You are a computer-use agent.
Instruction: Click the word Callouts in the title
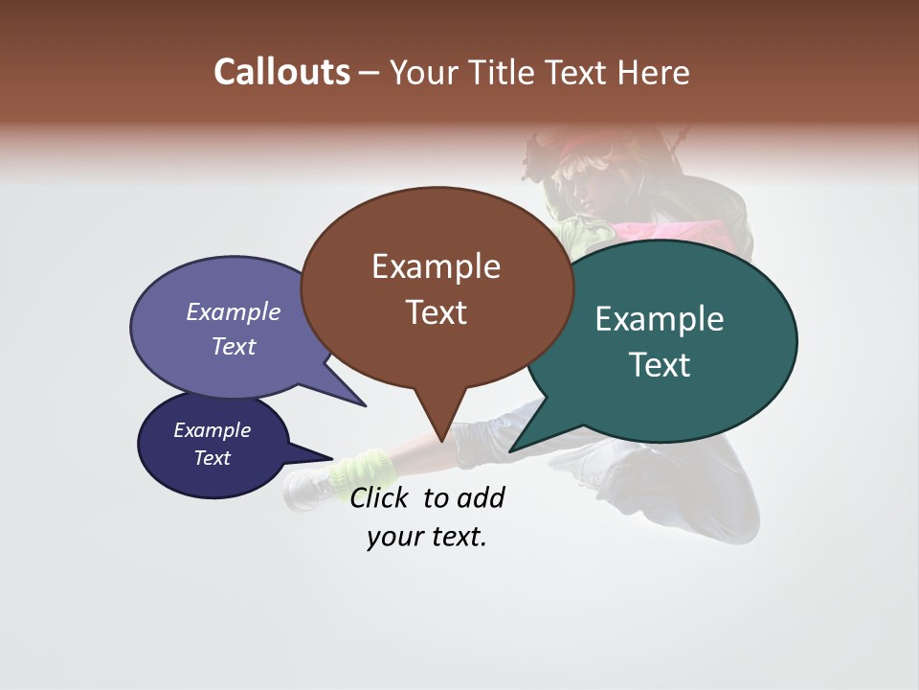(281, 73)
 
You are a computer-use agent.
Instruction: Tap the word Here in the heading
(653, 73)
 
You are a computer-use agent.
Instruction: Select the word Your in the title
(424, 73)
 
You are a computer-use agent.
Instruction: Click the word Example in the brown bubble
(436, 266)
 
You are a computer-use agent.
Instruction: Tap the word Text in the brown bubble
(436, 312)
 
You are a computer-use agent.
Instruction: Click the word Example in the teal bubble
(660, 319)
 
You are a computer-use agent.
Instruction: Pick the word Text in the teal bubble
(660, 365)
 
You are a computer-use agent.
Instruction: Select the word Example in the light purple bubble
(234, 312)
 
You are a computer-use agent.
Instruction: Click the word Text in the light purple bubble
(234, 346)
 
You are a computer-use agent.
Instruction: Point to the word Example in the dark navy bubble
(213, 430)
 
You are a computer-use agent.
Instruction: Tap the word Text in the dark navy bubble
(213, 458)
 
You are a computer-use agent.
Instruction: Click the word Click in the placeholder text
(383, 497)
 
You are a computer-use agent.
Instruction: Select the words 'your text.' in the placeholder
(427, 537)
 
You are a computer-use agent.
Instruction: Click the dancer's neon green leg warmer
(364, 470)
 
